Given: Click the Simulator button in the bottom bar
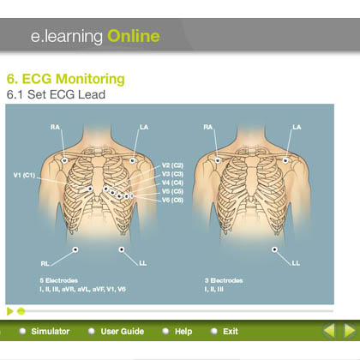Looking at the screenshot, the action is coord(50,332).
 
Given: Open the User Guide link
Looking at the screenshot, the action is coord(122,332).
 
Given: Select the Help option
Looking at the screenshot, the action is coord(183,332).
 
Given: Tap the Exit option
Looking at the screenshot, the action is coord(231,332).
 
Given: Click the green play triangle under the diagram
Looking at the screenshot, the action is coord(10,311).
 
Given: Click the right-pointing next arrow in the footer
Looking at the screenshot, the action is coord(350,331).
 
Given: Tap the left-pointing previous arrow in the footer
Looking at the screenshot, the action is coord(329,331).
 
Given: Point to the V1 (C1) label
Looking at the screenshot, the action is coord(24,175).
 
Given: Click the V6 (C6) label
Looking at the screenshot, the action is coord(172,200).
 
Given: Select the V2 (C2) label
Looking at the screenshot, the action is coord(172,165).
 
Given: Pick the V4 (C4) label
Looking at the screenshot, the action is coord(172,183).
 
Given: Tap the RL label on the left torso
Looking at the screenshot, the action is coord(45,263).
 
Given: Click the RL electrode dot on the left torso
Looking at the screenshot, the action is coord(75,249).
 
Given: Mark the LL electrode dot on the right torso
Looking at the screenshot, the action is coord(274,249).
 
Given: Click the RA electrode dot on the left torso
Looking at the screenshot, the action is coord(64,160).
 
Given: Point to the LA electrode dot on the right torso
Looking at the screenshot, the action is coord(285,160).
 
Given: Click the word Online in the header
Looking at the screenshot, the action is coord(134,36).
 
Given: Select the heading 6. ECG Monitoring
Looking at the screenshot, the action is coord(66,79).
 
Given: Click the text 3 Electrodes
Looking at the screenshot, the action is coord(224,280).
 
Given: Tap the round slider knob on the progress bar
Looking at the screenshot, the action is coord(21,311).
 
